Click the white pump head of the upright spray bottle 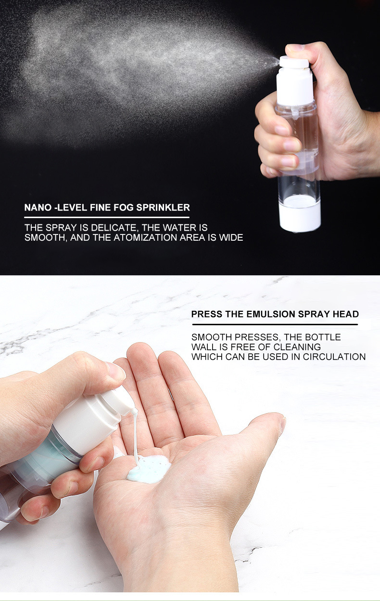pos(294,81)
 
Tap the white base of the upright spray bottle pos(299,219)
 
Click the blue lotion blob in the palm pos(149,468)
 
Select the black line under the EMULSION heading pos(275,324)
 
